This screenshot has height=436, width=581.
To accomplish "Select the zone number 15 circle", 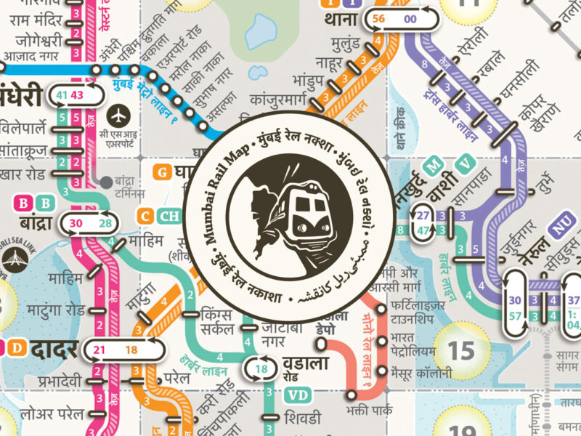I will pos(460,351).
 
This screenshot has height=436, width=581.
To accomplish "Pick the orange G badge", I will pos(163,172).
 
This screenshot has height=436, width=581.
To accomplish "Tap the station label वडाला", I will pos(312,363).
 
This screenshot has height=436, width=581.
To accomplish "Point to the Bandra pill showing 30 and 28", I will pos(92,223).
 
